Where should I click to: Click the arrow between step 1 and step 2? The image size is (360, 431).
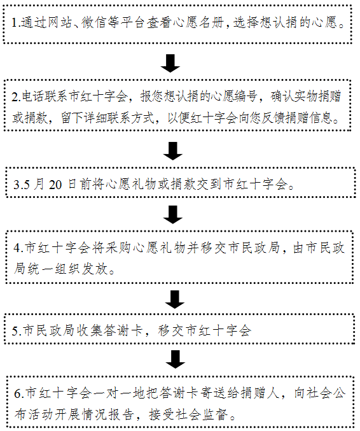coord(170,64)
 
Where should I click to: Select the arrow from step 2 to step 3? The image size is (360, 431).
coord(173,151)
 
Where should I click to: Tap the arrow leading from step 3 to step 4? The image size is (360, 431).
coord(173,215)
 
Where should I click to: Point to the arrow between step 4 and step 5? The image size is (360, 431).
coord(175,299)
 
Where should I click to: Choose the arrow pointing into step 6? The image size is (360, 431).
coord(175,359)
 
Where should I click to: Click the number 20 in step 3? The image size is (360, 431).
coord(55,185)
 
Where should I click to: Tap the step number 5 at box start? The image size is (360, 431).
coord(15,331)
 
